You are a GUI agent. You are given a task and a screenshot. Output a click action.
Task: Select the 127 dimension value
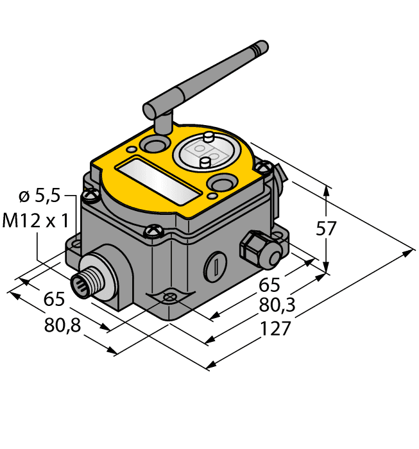[277, 328]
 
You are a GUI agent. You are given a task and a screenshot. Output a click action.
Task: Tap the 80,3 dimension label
[279, 306]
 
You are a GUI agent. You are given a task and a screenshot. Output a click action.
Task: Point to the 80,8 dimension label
[62, 326]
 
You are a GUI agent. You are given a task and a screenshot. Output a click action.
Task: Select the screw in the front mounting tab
[169, 298]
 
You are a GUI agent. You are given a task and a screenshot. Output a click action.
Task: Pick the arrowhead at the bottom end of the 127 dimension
[209, 366]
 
